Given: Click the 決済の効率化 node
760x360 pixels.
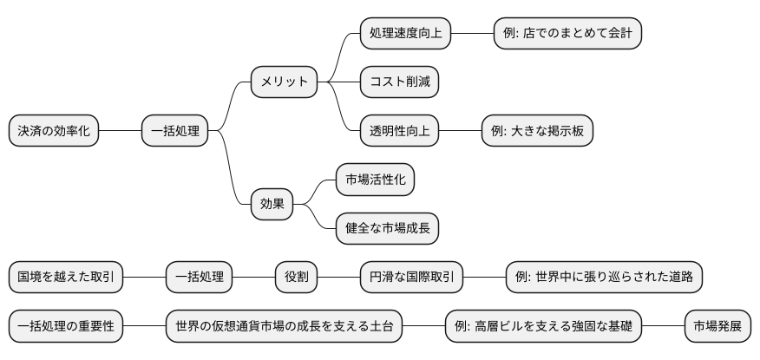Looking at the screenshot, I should (x=54, y=132).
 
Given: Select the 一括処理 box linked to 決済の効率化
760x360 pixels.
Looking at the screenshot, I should (x=174, y=132).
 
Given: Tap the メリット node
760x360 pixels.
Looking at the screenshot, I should (x=284, y=82).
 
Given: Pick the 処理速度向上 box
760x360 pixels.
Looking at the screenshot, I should (x=405, y=33).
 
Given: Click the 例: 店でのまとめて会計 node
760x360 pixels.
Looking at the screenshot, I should (x=567, y=33).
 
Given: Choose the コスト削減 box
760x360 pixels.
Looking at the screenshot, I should (x=399, y=82).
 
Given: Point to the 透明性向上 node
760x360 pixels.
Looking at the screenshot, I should (x=399, y=132).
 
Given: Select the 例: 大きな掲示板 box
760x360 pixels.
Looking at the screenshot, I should (x=537, y=132).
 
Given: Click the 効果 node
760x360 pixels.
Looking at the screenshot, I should (x=272, y=205).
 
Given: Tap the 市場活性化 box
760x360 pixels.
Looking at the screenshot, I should (x=375, y=180).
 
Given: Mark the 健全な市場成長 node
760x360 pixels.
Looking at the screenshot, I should (x=387, y=229).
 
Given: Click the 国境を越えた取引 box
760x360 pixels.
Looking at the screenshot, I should (x=66, y=278).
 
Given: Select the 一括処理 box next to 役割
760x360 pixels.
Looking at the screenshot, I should (x=199, y=278).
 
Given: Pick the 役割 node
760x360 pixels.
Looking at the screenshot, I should (x=296, y=278).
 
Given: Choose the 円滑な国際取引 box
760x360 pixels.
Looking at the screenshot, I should (x=411, y=278).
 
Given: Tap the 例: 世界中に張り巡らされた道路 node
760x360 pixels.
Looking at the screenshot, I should (x=604, y=278).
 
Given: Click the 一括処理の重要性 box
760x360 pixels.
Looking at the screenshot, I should (x=66, y=327).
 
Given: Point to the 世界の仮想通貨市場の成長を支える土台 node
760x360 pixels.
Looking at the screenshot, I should (x=284, y=327).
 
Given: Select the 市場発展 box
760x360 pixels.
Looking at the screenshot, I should (x=717, y=327).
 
